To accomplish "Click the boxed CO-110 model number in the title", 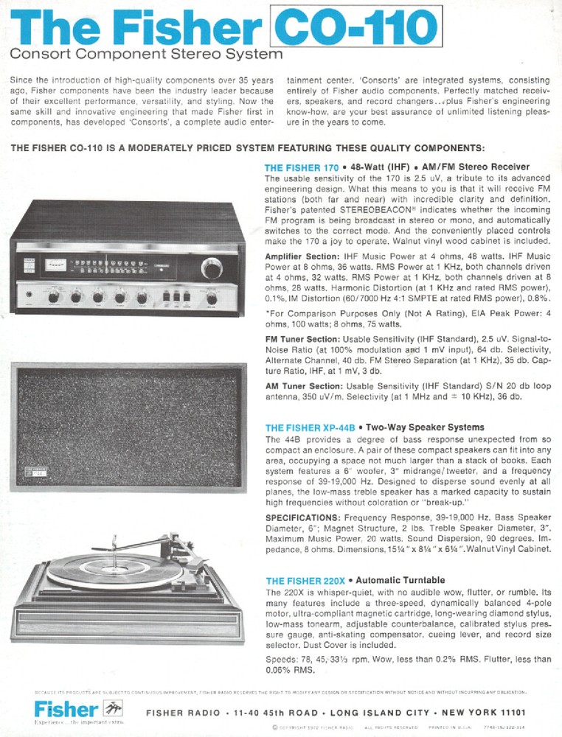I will [353, 29].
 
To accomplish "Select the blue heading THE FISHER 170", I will [301, 168].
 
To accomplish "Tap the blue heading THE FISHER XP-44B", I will [310, 427].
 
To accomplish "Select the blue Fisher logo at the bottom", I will [66, 710].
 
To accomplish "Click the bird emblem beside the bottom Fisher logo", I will [112, 709].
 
